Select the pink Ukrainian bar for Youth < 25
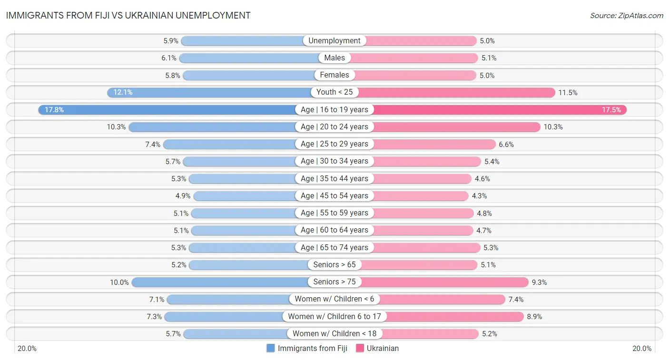tap(457, 92)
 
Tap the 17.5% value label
tap(611, 110)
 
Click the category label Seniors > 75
tap(334, 282)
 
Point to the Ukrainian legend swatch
tap(360, 348)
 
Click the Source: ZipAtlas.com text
tap(626, 16)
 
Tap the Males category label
tap(334, 58)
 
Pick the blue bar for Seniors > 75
tap(219, 282)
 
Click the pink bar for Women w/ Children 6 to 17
tap(457, 316)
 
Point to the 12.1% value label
tap(123, 92)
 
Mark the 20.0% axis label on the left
tap(27, 349)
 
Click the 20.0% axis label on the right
tap(641, 349)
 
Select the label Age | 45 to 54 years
tap(334, 196)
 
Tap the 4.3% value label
tap(479, 196)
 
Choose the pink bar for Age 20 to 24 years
tap(457, 127)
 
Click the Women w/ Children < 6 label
tap(334, 299)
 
